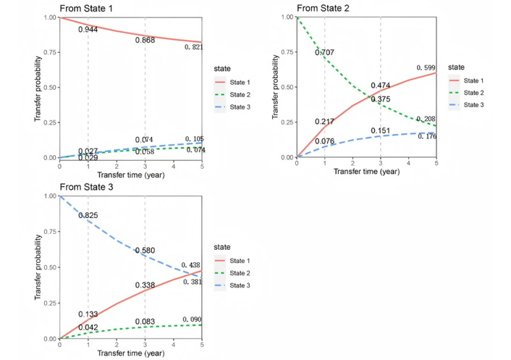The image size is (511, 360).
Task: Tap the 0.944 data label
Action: click(88, 30)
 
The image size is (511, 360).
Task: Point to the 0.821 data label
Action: click(193, 47)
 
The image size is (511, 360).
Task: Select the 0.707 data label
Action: click(325, 53)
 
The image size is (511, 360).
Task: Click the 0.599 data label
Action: click(427, 67)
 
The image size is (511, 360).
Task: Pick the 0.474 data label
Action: click(381, 85)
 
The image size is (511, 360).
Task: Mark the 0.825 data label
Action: click(88, 216)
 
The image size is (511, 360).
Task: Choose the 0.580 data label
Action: click(145, 251)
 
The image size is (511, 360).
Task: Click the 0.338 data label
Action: click(145, 285)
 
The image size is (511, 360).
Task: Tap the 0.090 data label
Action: click(192, 319)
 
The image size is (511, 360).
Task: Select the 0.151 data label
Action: click(381, 130)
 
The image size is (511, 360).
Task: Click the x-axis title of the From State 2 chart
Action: click(366, 172)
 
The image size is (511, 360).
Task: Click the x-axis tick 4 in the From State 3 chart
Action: click(173, 346)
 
